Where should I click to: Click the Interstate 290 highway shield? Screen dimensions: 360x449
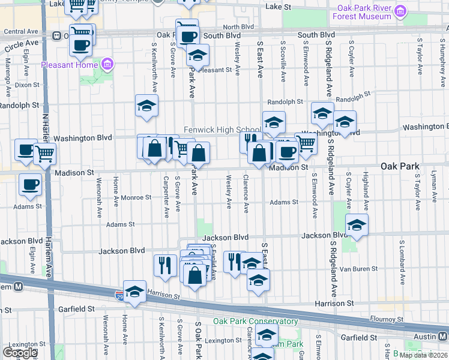(119, 296)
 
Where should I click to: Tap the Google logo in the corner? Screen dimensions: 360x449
(19, 352)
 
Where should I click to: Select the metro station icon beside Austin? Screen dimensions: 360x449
(444, 337)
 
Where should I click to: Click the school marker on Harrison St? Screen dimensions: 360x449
(135, 292)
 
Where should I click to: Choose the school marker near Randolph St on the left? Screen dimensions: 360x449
(146, 106)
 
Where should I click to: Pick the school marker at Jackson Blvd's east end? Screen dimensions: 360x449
(357, 226)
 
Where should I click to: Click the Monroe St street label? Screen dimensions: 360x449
(136, 197)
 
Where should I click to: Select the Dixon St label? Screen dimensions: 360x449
(26, 85)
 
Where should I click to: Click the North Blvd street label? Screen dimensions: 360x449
(238, 27)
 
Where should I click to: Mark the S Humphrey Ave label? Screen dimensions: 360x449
(442, 57)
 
